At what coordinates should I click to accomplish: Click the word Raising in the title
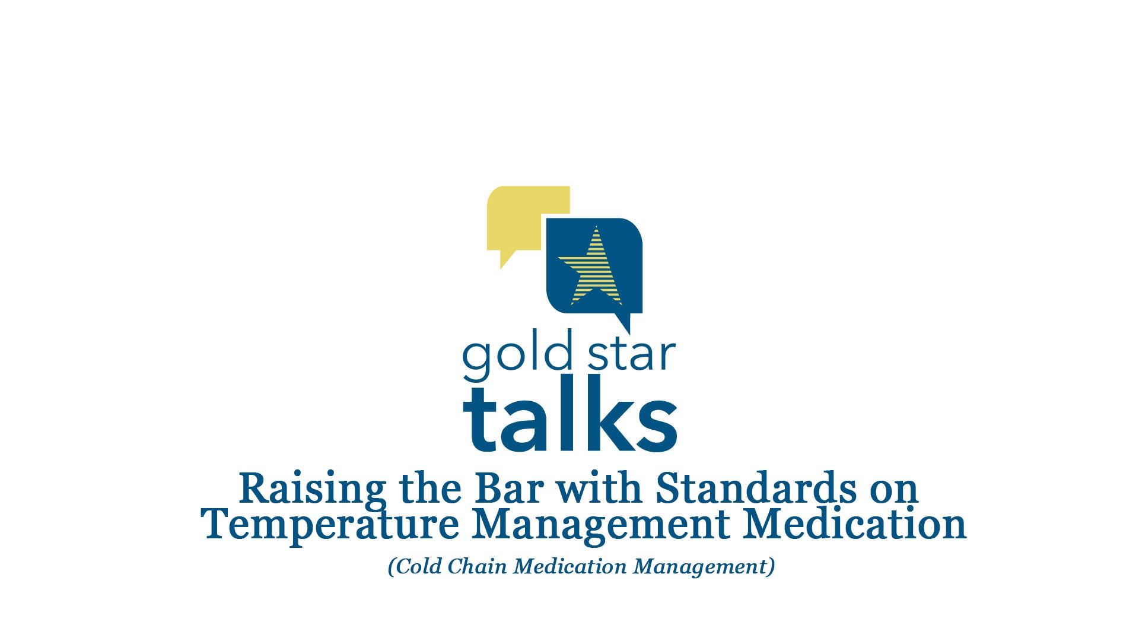[312, 489]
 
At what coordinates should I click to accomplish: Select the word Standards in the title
[756, 489]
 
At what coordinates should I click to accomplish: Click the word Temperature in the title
[330, 525]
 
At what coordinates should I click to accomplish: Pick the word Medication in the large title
[855, 525]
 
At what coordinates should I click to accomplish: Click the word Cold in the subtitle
[418, 566]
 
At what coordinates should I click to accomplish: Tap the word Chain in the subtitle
[477, 566]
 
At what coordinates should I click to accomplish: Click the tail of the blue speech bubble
[623, 323]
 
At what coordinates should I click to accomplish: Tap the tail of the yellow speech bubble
[506, 259]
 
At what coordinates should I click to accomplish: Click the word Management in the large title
[601, 525]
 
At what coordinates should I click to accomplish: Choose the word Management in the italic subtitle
[702, 566]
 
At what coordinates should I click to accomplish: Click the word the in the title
[430, 489]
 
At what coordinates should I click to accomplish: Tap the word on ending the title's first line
[894, 490]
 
